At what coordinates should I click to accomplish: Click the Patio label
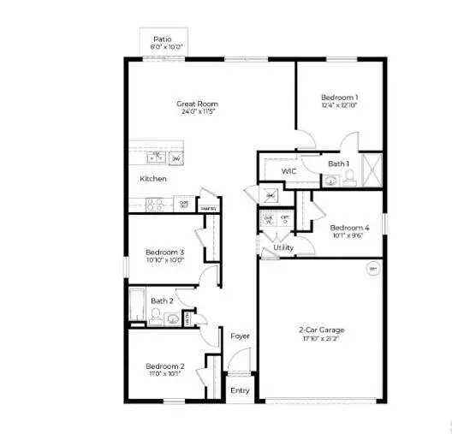162,39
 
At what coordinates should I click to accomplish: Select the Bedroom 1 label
339,98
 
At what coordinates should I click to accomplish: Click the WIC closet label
289,171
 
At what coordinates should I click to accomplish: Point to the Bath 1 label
338,163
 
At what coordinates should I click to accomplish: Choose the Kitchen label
153,179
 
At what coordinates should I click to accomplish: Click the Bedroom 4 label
350,227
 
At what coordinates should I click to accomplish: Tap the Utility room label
283,248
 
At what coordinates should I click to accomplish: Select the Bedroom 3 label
164,252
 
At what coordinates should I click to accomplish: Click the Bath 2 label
163,300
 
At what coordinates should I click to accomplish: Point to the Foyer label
241,336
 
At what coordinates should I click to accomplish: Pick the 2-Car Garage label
321,330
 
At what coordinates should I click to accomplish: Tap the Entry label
241,390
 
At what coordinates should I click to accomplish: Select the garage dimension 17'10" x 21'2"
321,339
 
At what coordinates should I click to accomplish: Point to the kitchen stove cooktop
155,204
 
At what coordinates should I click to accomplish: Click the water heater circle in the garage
372,270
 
